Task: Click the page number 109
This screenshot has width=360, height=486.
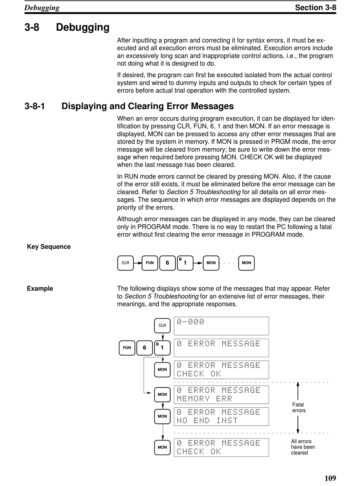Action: click(x=330, y=478)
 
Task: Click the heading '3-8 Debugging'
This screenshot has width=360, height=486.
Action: click(x=67, y=27)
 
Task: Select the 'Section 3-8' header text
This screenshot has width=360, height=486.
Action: click(x=315, y=7)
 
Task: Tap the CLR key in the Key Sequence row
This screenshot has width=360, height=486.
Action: click(x=125, y=263)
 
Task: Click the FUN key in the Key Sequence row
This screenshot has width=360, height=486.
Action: click(x=150, y=263)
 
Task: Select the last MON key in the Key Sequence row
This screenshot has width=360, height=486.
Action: click(x=246, y=263)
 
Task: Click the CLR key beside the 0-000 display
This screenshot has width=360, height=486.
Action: click(x=162, y=325)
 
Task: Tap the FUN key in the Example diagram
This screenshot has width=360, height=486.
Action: click(x=127, y=348)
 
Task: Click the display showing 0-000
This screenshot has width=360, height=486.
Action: click(x=221, y=326)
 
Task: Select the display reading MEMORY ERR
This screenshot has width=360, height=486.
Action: click(x=221, y=394)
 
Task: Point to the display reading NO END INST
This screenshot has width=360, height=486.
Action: click(x=221, y=416)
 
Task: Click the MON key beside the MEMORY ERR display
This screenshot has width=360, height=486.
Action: click(x=162, y=394)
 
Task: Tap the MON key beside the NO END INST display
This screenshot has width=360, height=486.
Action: click(x=162, y=416)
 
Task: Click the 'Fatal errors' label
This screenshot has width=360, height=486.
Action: click(x=299, y=408)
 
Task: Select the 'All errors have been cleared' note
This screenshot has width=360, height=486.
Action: click(x=303, y=447)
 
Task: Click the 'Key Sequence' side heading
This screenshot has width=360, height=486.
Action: click(x=49, y=247)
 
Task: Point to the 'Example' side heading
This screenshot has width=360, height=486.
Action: click(x=40, y=289)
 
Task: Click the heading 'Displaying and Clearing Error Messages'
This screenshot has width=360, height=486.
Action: click(x=147, y=106)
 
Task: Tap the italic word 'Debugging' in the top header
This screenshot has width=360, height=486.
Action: click(x=42, y=8)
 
